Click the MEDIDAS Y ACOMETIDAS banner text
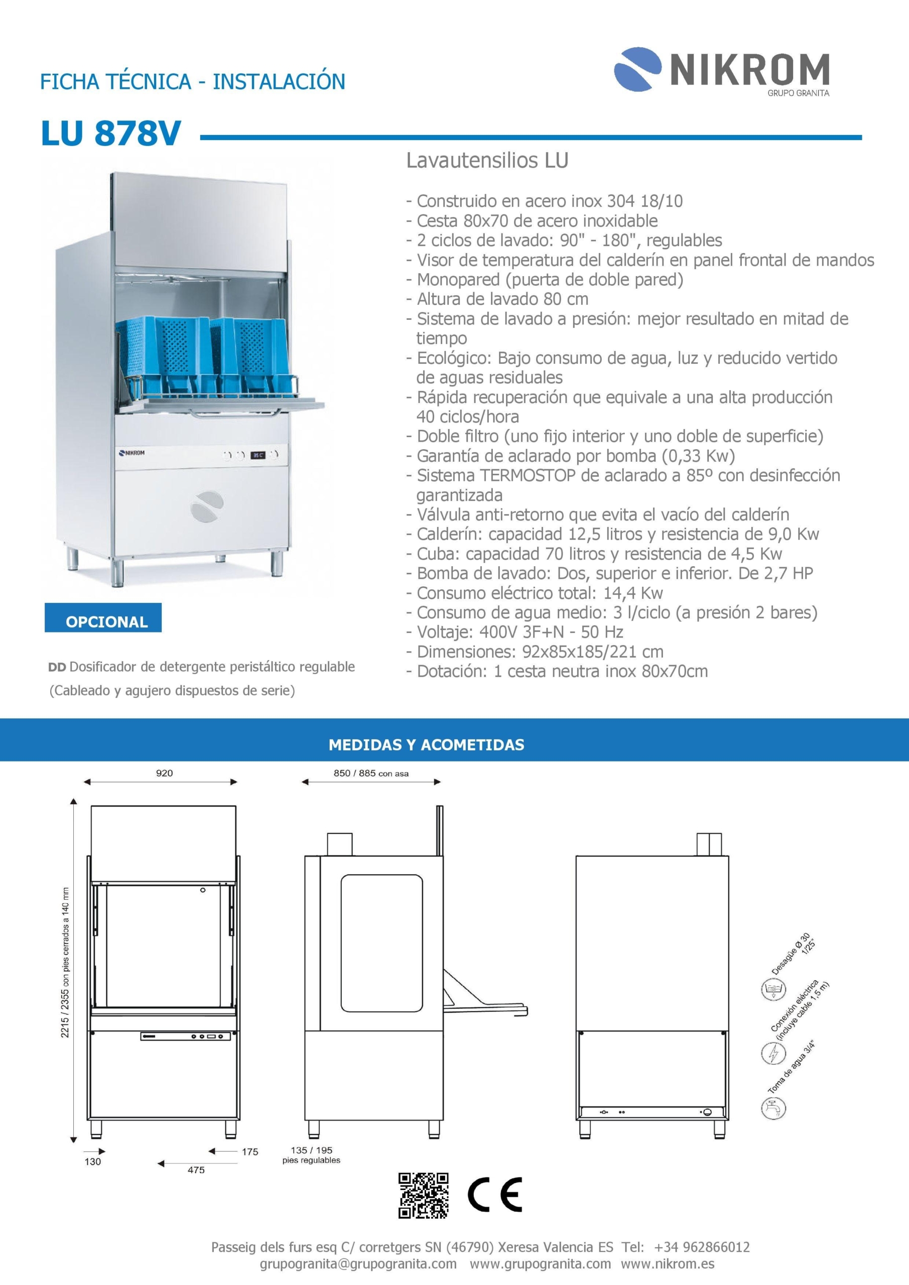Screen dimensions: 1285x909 pos(426,744)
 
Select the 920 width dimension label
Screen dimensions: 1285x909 pos(164,773)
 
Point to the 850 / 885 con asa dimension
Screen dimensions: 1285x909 pos(370,773)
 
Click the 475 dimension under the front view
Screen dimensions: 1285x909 pos(196,1170)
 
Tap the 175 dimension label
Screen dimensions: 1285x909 pos(249,1151)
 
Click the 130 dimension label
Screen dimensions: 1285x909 pos(92,1162)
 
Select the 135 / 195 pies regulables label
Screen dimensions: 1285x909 pos(311,1155)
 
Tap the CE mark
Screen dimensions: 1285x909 pos(495,1195)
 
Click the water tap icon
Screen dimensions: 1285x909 pos(773,1108)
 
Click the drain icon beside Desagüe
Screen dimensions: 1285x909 pos(773,990)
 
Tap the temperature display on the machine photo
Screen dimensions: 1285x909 pos(258,455)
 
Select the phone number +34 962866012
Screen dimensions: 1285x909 pos(701,1247)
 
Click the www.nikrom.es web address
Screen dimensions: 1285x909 pos(667,1264)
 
